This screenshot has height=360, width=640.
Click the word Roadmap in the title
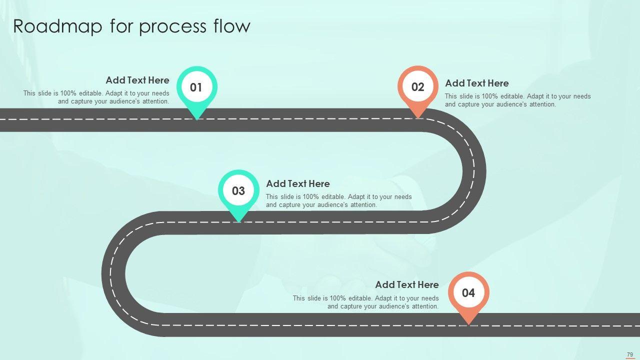(x=57, y=26)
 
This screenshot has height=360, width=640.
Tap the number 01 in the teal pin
(x=196, y=88)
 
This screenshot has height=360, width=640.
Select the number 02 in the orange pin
(x=417, y=87)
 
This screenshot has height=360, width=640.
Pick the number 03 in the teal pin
(x=238, y=191)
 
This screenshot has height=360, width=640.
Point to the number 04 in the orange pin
(x=468, y=293)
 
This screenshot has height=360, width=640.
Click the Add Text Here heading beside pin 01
(x=137, y=80)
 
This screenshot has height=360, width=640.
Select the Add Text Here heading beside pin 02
(x=476, y=83)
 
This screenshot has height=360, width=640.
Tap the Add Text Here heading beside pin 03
(x=297, y=184)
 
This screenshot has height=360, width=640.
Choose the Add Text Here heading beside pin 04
(x=407, y=285)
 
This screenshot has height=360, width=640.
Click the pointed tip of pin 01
(x=197, y=118)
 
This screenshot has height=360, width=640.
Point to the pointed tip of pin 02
(x=418, y=118)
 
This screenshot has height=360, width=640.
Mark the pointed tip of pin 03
(x=239, y=221)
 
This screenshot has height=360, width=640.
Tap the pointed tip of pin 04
(x=468, y=323)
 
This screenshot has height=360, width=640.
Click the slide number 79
(x=629, y=354)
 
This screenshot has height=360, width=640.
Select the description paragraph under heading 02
(x=517, y=100)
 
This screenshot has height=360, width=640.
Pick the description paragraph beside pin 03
(x=338, y=201)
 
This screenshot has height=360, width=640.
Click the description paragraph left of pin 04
(x=365, y=302)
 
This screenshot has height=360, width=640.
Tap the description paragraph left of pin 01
(x=96, y=97)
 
